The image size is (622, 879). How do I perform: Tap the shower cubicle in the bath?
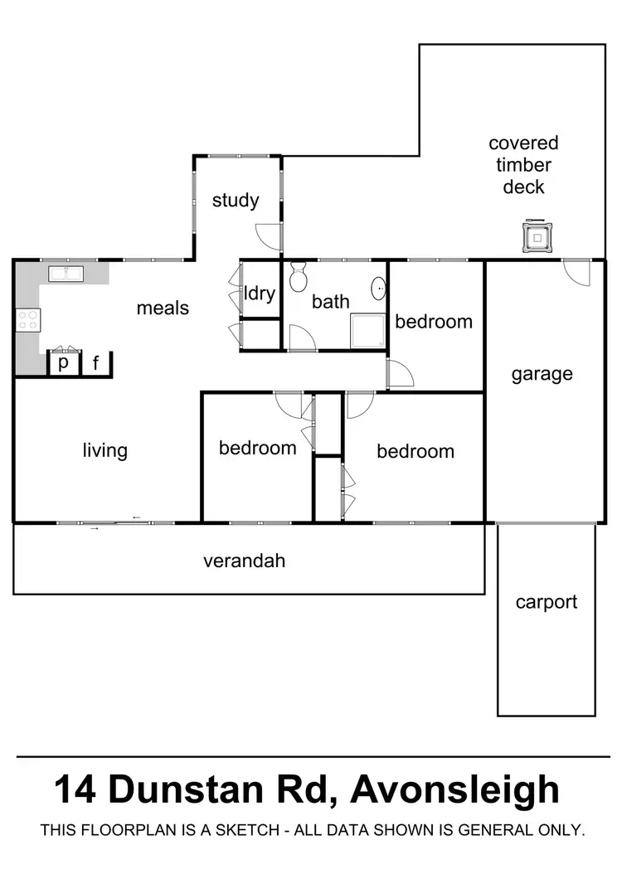(x=368, y=331)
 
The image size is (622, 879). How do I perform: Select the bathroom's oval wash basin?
(x=378, y=289)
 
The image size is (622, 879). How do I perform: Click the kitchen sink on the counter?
(x=63, y=273)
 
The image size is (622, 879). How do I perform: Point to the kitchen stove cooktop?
(x=27, y=319)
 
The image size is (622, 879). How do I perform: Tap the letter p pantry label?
(x=63, y=363)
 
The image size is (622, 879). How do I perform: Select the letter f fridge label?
(x=95, y=363)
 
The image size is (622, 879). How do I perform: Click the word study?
(x=236, y=201)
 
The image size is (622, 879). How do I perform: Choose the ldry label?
(x=260, y=293)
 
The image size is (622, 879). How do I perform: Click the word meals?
(x=163, y=308)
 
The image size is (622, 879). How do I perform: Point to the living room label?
(x=105, y=450)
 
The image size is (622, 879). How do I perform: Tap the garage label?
(x=542, y=374)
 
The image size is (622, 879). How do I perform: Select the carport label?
(x=546, y=602)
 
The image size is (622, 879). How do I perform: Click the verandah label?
(x=245, y=561)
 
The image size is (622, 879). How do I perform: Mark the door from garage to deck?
(x=576, y=272)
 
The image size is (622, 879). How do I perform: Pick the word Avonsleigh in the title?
(x=454, y=789)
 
